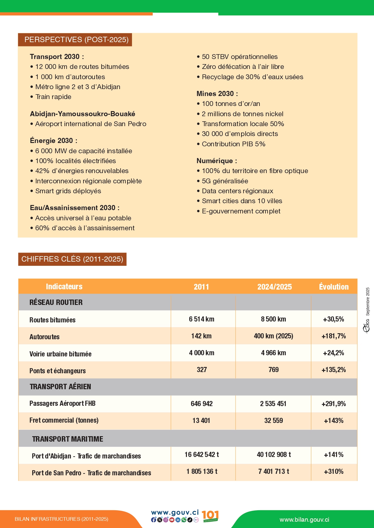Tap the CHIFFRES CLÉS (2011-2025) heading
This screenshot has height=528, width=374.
click(72, 259)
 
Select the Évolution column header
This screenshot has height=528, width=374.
click(334, 287)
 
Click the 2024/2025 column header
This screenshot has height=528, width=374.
click(274, 287)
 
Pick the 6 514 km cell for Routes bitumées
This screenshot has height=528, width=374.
click(202, 319)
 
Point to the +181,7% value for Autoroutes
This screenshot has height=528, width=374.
click(334, 336)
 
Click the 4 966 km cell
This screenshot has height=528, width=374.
click(273, 353)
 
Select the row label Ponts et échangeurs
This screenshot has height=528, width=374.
click(58, 371)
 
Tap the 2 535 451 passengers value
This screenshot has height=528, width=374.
click(273, 404)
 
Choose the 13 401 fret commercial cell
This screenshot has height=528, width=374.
click(201, 421)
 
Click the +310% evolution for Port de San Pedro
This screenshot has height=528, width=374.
click(334, 471)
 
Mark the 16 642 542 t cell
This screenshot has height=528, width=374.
click(202, 455)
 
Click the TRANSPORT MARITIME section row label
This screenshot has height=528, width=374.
click(68, 439)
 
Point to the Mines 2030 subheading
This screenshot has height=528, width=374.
click(217, 94)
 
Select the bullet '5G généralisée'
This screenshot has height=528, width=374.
click(225, 181)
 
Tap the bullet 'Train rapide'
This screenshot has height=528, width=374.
click(53, 97)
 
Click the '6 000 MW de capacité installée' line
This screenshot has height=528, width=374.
click(83, 151)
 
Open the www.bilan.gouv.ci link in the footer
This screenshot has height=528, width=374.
click(304, 520)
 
